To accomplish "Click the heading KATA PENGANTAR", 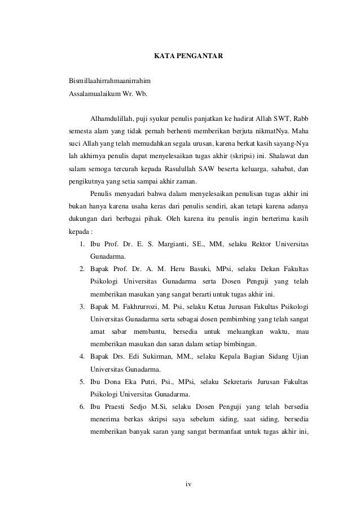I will point(189,56).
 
